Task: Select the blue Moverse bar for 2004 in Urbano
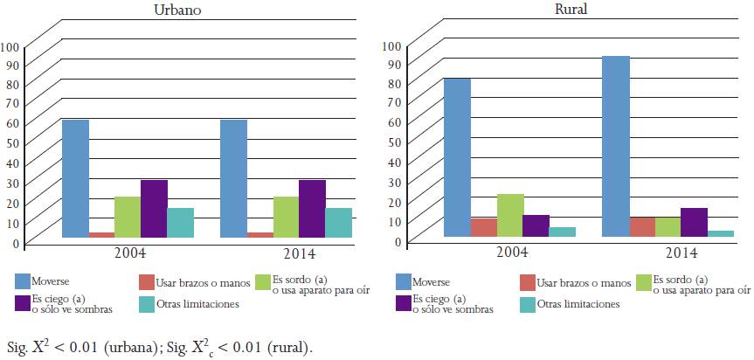tap(75, 178)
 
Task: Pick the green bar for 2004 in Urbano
tap(128, 217)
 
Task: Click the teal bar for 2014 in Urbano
tap(338, 222)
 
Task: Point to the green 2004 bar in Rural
tap(510, 215)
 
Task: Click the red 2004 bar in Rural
tap(484, 227)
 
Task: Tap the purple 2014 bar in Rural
tap(694, 222)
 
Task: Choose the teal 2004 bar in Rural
tap(563, 232)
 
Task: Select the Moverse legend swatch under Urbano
tap(22, 281)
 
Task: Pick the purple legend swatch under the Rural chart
tap(404, 303)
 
